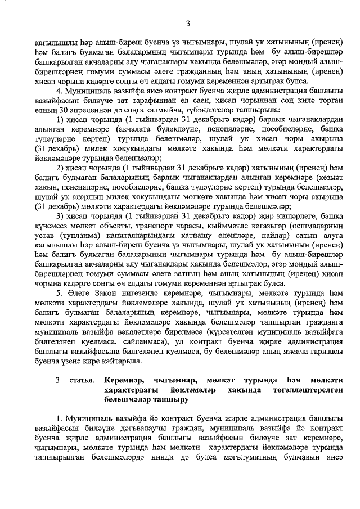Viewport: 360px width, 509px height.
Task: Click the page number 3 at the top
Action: (x=188, y=23)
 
